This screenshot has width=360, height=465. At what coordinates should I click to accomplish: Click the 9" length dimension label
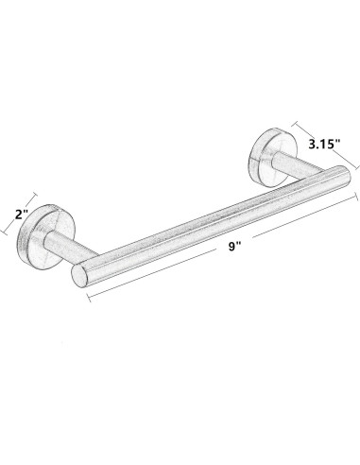234,247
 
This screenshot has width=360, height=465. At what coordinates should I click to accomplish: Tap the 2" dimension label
22,215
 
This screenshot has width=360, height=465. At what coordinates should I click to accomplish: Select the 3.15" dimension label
325,145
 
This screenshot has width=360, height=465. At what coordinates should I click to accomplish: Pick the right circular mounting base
273,157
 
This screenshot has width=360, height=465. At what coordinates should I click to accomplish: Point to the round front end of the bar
79,276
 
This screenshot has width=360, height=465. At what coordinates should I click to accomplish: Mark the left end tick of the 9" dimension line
89,298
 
